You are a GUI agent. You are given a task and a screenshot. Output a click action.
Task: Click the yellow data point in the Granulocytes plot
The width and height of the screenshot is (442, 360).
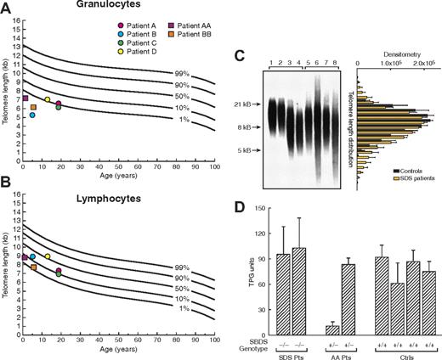47,99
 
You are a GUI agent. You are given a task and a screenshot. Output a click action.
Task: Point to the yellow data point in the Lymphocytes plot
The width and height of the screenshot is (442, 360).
48,256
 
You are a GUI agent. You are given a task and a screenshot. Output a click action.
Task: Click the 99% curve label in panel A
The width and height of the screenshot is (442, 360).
182,74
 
